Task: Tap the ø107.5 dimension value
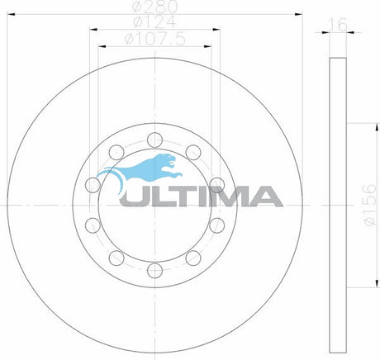tap(154, 38)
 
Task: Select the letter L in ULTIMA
tap(163, 196)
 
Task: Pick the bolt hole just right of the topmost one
tap(192, 151)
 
